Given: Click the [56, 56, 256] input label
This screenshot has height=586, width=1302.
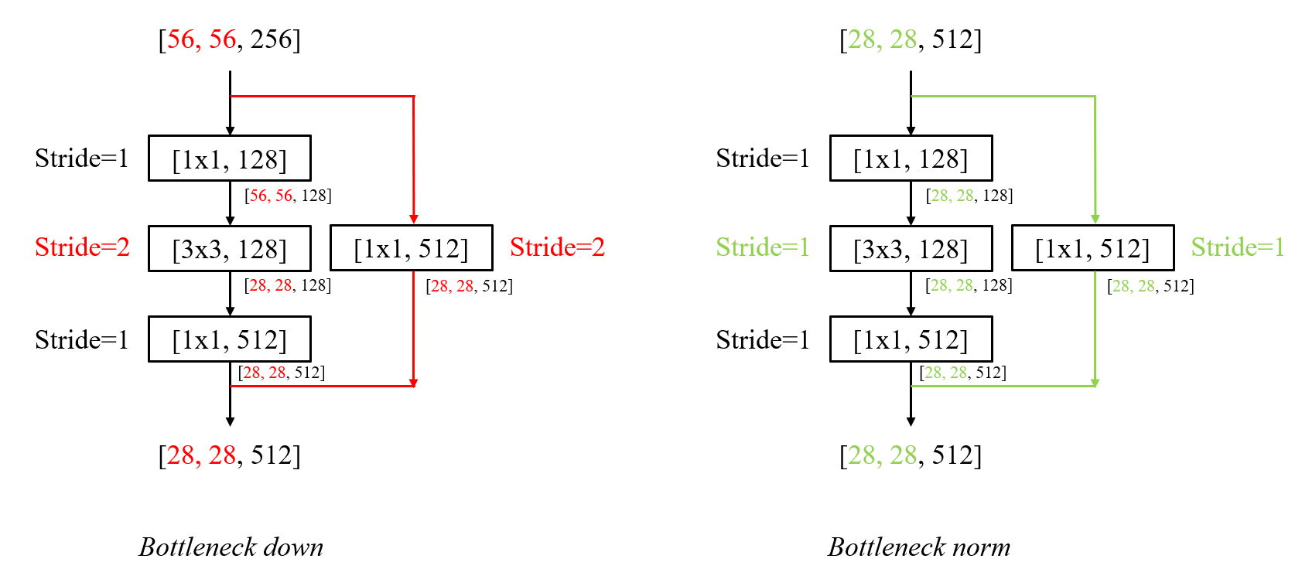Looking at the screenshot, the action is (230, 39).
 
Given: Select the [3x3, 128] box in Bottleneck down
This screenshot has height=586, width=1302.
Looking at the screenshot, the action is (230, 249).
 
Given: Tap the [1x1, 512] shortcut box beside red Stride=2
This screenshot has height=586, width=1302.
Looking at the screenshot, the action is (411, 248).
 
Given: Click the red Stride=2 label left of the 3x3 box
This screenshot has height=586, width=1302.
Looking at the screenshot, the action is (82, 247).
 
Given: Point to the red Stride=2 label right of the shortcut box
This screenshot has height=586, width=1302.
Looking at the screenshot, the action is (557, 247).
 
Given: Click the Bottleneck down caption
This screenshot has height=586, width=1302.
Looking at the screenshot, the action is (231, 547).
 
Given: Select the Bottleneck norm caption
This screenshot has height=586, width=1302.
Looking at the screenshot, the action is (918, 547).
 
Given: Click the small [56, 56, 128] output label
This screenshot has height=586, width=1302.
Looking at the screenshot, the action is (288, 196).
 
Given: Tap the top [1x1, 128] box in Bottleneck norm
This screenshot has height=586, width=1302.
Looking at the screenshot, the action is (911, 158).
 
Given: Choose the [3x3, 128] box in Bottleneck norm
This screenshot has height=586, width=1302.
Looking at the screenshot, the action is (911, 249).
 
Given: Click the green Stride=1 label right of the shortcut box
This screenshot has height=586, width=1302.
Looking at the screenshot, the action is (1238, 247).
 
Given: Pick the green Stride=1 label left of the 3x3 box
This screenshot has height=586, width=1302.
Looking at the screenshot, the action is (763, 247).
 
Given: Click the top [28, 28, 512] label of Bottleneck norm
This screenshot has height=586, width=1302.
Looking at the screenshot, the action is (911, 39).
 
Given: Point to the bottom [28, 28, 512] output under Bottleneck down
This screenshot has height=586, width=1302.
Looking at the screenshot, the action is (230, 455).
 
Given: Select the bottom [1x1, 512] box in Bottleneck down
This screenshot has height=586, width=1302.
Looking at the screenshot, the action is (230, 339).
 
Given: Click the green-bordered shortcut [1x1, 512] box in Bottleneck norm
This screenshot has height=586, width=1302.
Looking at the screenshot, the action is (1092, 248).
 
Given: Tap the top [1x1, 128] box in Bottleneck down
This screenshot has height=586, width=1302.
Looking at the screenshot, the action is (230, 158).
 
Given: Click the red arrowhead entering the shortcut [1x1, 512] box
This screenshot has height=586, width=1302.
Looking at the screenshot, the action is (414, 220).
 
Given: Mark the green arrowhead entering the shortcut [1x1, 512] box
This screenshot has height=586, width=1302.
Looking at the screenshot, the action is (1095, 220).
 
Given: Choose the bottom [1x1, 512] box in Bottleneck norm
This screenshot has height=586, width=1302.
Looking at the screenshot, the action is (911, 339).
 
